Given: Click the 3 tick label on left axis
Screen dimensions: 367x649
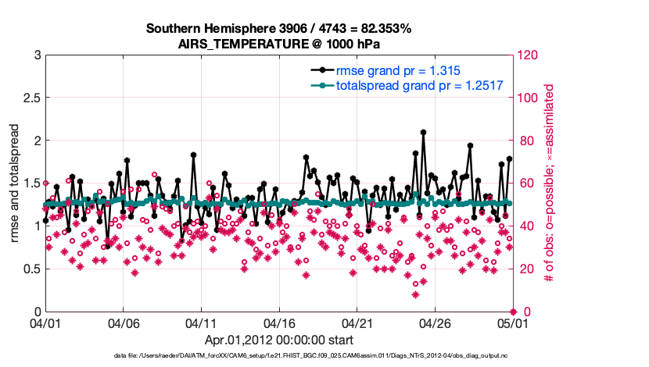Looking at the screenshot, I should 36,55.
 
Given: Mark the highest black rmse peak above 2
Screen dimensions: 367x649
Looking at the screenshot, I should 423,133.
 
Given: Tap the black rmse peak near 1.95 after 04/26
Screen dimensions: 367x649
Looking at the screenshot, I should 470,145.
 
